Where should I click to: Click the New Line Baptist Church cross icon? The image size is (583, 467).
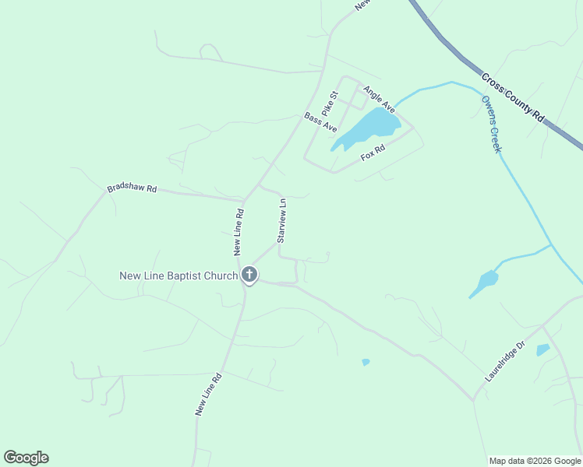point(249,275)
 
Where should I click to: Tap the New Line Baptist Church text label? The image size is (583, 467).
point(178,276)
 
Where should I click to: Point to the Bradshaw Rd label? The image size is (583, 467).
point(132,188)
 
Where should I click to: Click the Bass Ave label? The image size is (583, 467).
point(320,122)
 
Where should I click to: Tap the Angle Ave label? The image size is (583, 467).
point(380,99)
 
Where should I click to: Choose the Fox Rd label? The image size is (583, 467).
point(373,153)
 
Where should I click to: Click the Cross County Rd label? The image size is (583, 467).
point(513,97)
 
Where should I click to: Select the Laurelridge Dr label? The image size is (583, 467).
point(506,363)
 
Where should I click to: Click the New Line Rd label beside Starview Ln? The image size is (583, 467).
point(239,232)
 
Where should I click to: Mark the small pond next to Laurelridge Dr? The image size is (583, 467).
point(543,350)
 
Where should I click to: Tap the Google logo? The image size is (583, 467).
point(26,458)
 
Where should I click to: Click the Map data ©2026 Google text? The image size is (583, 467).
point(534,461)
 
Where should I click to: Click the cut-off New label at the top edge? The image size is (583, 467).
point(362,5)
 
